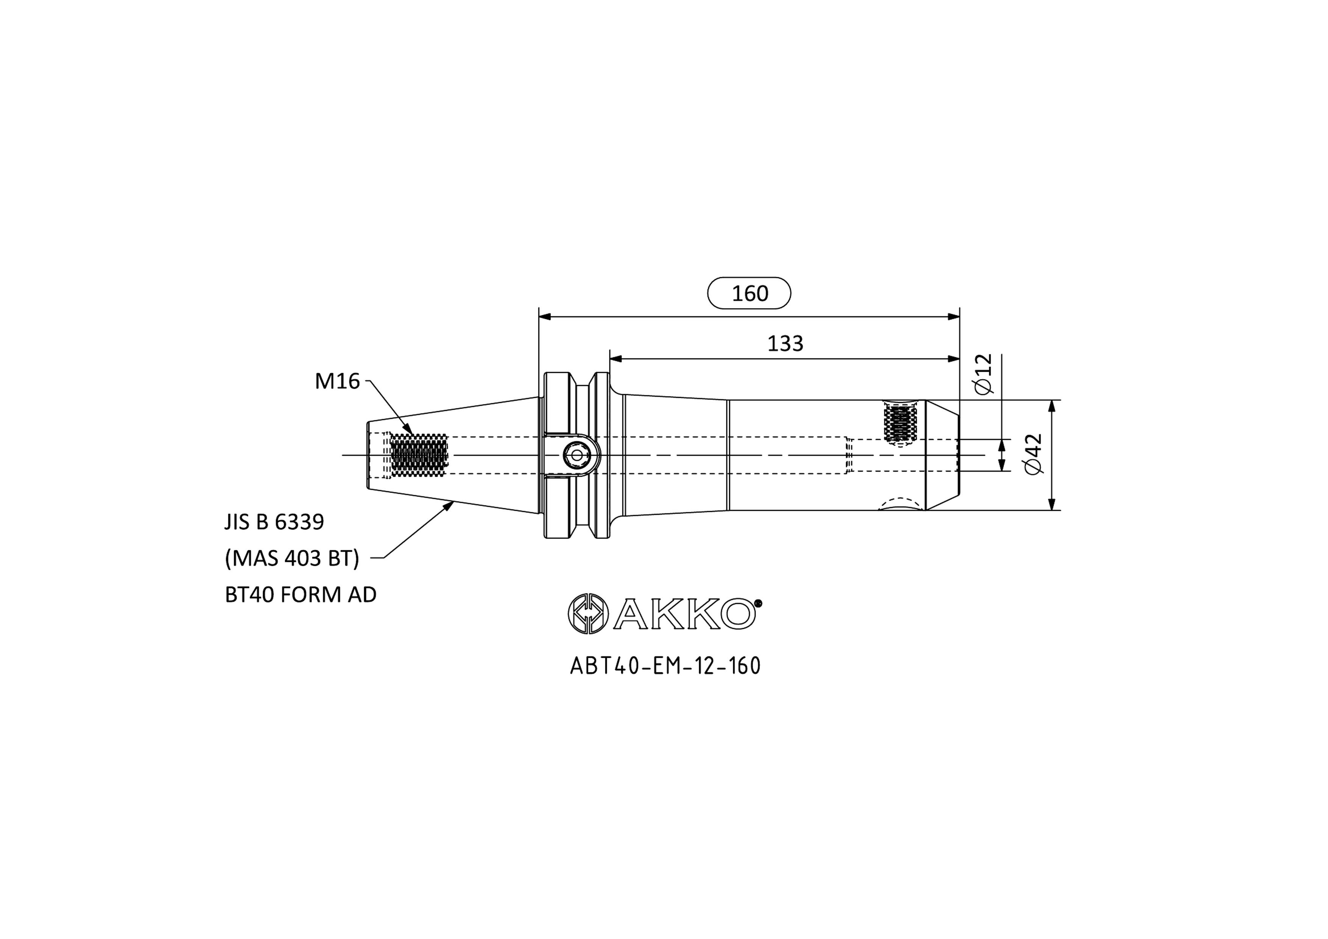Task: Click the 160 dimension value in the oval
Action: pyautogui.click(x=750, y=293)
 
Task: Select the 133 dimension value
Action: pyautogui.click(x=785, y=344)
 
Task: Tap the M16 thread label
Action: pyautogui.click(x=337, y=381)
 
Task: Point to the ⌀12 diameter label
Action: pyautogui.click(x=983, y=374)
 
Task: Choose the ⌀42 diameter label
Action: pyautogui.click(x=1033, y=454)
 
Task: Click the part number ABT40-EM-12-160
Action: pyautogui.click(x=665, y=666)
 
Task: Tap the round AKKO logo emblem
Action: pyautogui.click(x=588, y=614)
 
